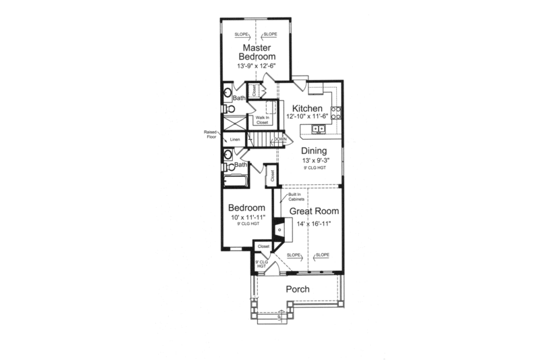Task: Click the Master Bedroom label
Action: pos(256,53)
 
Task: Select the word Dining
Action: pos(314,151)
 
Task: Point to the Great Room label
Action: pos(314,211)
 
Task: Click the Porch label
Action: pos(298,289)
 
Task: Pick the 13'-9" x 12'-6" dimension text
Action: pos(256,67)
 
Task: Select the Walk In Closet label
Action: pos(262,120)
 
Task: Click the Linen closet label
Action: pos(235,140)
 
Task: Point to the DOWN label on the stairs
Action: pos(281,139)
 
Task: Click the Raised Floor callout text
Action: pos(208,134)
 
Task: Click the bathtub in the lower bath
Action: pos(236,180)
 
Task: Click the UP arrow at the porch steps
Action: pos(278,316)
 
